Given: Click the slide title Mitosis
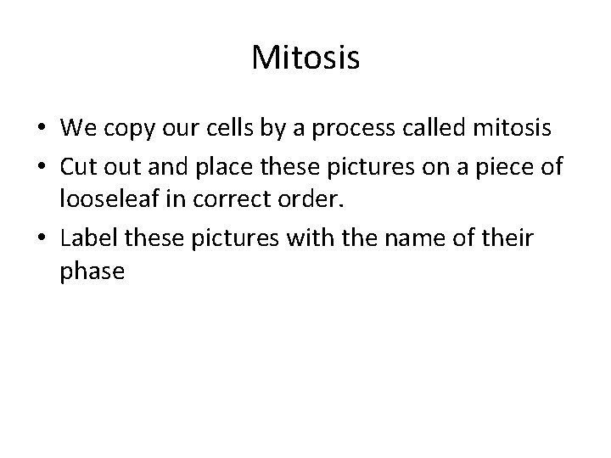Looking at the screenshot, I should coord(305,59).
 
